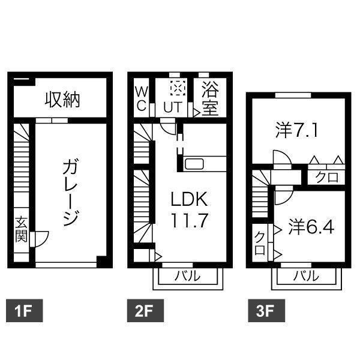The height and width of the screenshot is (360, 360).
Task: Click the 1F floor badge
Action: coord(23,311)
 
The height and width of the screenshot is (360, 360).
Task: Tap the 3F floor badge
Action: coord(262,311)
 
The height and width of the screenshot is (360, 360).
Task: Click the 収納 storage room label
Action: coord(62,99)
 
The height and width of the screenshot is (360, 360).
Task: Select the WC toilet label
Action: coord(140,99)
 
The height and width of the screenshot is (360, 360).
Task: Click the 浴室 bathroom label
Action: coord(209,99)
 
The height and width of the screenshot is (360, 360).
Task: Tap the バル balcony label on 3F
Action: coord(306,277)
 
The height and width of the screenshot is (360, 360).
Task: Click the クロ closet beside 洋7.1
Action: coord(327,176)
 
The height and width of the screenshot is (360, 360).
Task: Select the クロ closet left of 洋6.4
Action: coord(260,243)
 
